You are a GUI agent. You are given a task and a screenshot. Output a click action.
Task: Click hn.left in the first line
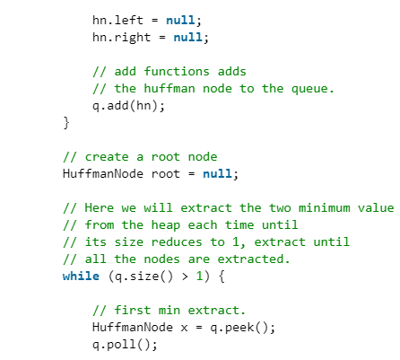[x=117, y=20]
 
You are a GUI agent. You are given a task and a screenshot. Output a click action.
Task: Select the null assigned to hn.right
[x=188, y=37]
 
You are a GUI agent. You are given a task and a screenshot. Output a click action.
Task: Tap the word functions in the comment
[x=177, y=71]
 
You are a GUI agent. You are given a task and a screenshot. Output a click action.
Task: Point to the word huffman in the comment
[x=170, y=88]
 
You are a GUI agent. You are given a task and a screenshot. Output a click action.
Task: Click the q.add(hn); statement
[x=128, y=106]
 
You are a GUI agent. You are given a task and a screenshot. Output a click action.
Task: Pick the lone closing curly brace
[x=66, y=123]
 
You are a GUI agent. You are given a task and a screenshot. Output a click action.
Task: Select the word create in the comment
[x=107, y=156]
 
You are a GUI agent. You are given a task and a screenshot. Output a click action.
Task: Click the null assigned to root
[x=217, y=173]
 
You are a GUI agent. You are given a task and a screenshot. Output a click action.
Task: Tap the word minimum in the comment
[x=325, y=207]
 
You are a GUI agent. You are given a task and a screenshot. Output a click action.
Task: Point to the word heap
[x=166, y=224]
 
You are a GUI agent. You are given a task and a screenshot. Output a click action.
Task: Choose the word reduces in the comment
[x=177, y=241]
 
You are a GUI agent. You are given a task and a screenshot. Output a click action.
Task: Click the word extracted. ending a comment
[x=254, y=259]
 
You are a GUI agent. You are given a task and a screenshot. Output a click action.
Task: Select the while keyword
[x=81, y=276]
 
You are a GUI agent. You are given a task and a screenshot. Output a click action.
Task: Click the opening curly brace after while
[x=222, y=277]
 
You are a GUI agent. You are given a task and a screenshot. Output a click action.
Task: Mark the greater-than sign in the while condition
[x=185, y=277]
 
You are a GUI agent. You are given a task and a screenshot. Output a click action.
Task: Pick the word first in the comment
[x=133, y=310]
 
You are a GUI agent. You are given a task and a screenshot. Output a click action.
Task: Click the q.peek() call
[x=239, y=328]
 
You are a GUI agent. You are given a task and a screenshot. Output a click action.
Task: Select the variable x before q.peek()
[x=184, y=328]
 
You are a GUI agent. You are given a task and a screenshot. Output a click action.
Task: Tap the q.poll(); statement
[x=125, y=345]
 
